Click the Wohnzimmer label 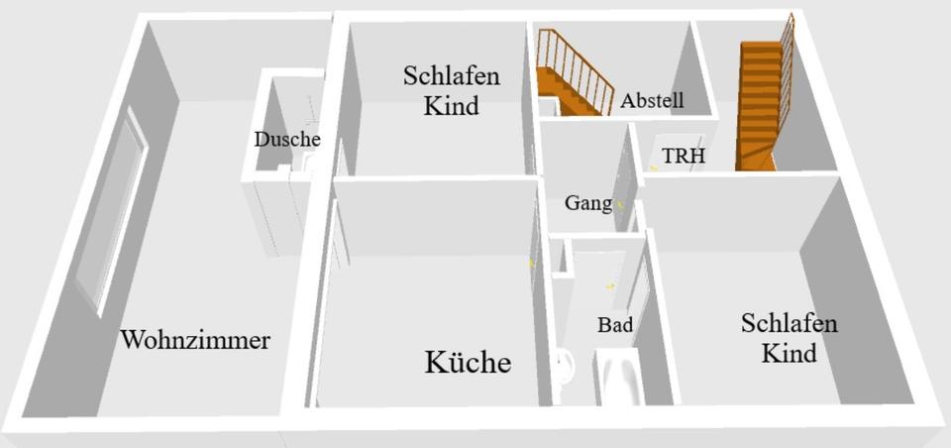pyautogui.click(x=195, y=340)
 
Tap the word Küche pyautogui.click(x=468, y=363)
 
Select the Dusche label pyautogui.click(x=286, y=140)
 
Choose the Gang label pyautogui.click(x=587, y=203)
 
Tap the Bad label pyautogui.click(x=614, y=324)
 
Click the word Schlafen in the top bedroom pyautogui.click(x=451, y=76)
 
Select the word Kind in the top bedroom pyautogui.click(x=451, y=105)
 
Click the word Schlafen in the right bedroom pyautogui.click(x=789, y=324)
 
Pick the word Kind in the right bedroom pyautogui.click(x=789, y=353)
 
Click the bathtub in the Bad pyautogui.click(x=620, y=382)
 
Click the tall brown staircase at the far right pyautogui.click(x=763, y=99)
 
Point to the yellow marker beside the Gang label pyautogui.click(x=621, y=204)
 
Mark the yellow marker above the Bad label pyautogui.click(x=609, y=285)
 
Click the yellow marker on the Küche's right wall pyautogui.click(x=531, y=263)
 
